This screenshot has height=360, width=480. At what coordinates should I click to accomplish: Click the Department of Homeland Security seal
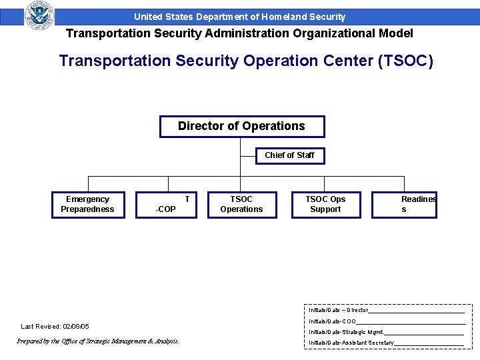pyautogui.click(x=39, y=15)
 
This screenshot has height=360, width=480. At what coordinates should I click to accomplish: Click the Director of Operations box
pyautogui.click(x=241, y=126)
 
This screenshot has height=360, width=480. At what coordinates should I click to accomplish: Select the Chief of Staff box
pyautogui.click(x=290, y=155)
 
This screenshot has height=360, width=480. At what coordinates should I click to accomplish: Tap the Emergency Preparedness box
pyautogui.click(x=87, y=205)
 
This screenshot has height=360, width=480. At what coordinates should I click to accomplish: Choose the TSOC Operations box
pyautogui.click(x=241, y=205)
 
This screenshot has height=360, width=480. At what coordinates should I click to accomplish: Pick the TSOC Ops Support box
pyautogui.click(x=325, y=205)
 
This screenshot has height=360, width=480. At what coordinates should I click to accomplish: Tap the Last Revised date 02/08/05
pyautogui.click(x=76, y=327)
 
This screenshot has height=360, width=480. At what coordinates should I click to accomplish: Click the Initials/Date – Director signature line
pyautogui.click(x=416, y=310)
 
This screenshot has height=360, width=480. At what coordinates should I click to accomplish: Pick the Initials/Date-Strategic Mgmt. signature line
pyautogui.click(x=423, y=332)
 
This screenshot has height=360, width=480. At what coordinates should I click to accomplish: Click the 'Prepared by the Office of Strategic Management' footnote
pyautogui.click(x=97, y=341)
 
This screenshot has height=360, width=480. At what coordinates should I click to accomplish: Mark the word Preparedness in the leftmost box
pyautogui.click(x=87, y=209)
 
